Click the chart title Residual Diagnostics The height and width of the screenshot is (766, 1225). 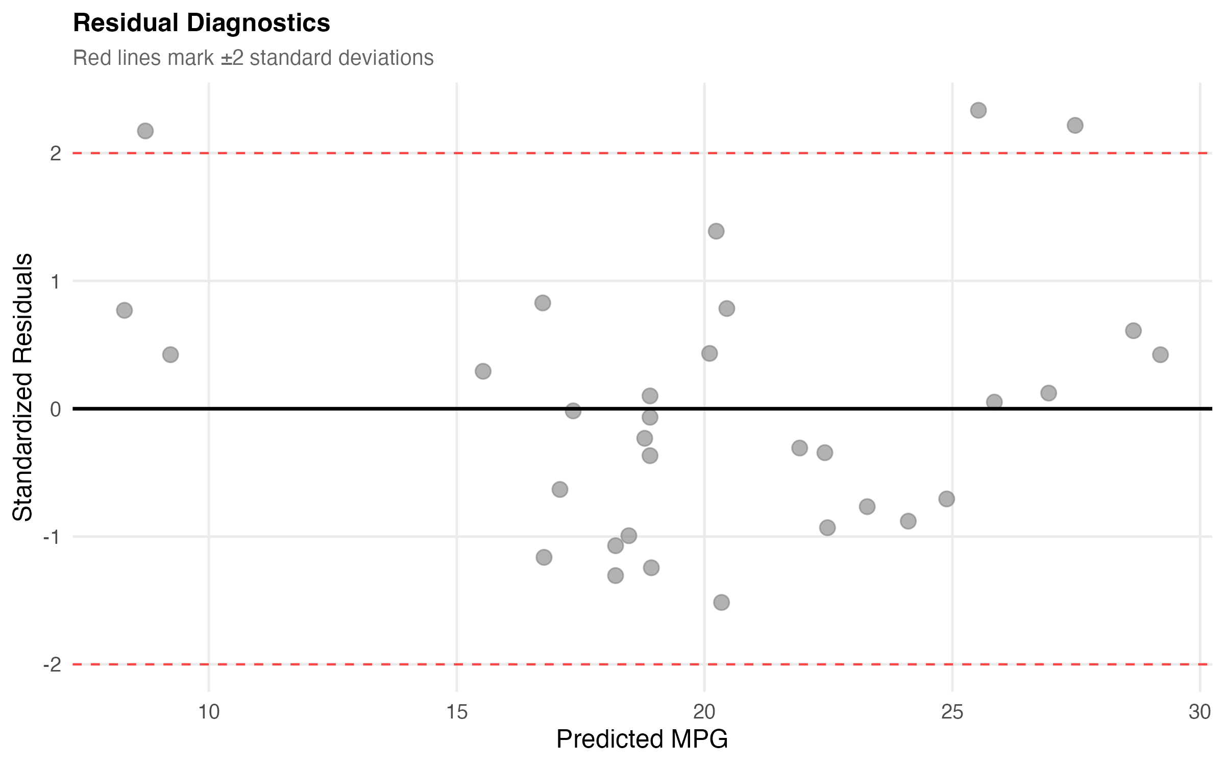click(x=202, y=23)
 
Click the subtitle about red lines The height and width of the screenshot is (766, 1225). click(x=253, y=58)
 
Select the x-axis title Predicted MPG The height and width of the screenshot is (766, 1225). click(x=642, y=739)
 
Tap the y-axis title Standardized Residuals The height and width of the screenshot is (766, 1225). click(x=23, y=387)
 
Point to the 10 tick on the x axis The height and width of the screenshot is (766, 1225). click(x=208, y=711)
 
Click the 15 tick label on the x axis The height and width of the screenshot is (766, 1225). click(x=456, y=711)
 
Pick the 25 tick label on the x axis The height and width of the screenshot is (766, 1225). click(x=952, y=711)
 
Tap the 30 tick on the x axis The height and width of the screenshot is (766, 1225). click(x=1199, y=711)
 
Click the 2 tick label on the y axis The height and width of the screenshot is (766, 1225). click(x=55, y=153)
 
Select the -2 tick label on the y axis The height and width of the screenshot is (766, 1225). click(x=52, y=664)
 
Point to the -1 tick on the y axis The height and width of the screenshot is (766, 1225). click(x=52, y=537)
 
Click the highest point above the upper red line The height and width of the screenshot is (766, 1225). click(x=978, y=110)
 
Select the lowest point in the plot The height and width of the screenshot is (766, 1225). click(x=721, y=603)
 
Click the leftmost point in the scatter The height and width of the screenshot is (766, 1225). click(x=124, y=310)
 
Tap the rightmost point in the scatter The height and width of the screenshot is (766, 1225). click(x=1160, y=354)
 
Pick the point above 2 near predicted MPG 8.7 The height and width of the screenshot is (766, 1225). click(x=145, y=131)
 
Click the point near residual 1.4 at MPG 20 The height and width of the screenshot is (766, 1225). click(x=716, y=231)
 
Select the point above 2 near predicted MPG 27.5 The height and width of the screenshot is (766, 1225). click(x=1075, y=126)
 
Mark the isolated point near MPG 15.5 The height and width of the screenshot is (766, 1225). click(x=483, y=371)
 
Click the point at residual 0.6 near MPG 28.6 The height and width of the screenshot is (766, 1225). click(x=1133, y=331)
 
